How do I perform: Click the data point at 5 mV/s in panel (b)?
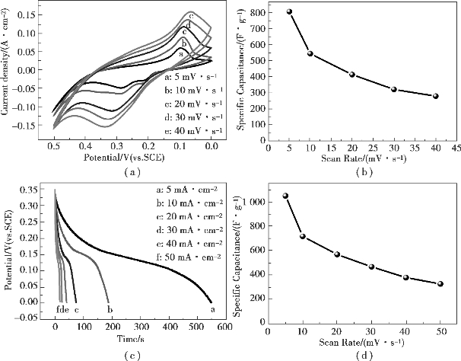[290, 11]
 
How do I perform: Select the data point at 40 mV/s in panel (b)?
[435, 96]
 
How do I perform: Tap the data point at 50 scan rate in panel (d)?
[440, 284]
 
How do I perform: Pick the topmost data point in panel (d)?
[285, 196]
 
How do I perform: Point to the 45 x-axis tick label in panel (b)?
[454, 148]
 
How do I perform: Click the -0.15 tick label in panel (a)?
[27, 124]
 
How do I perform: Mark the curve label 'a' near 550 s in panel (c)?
[211, 310]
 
